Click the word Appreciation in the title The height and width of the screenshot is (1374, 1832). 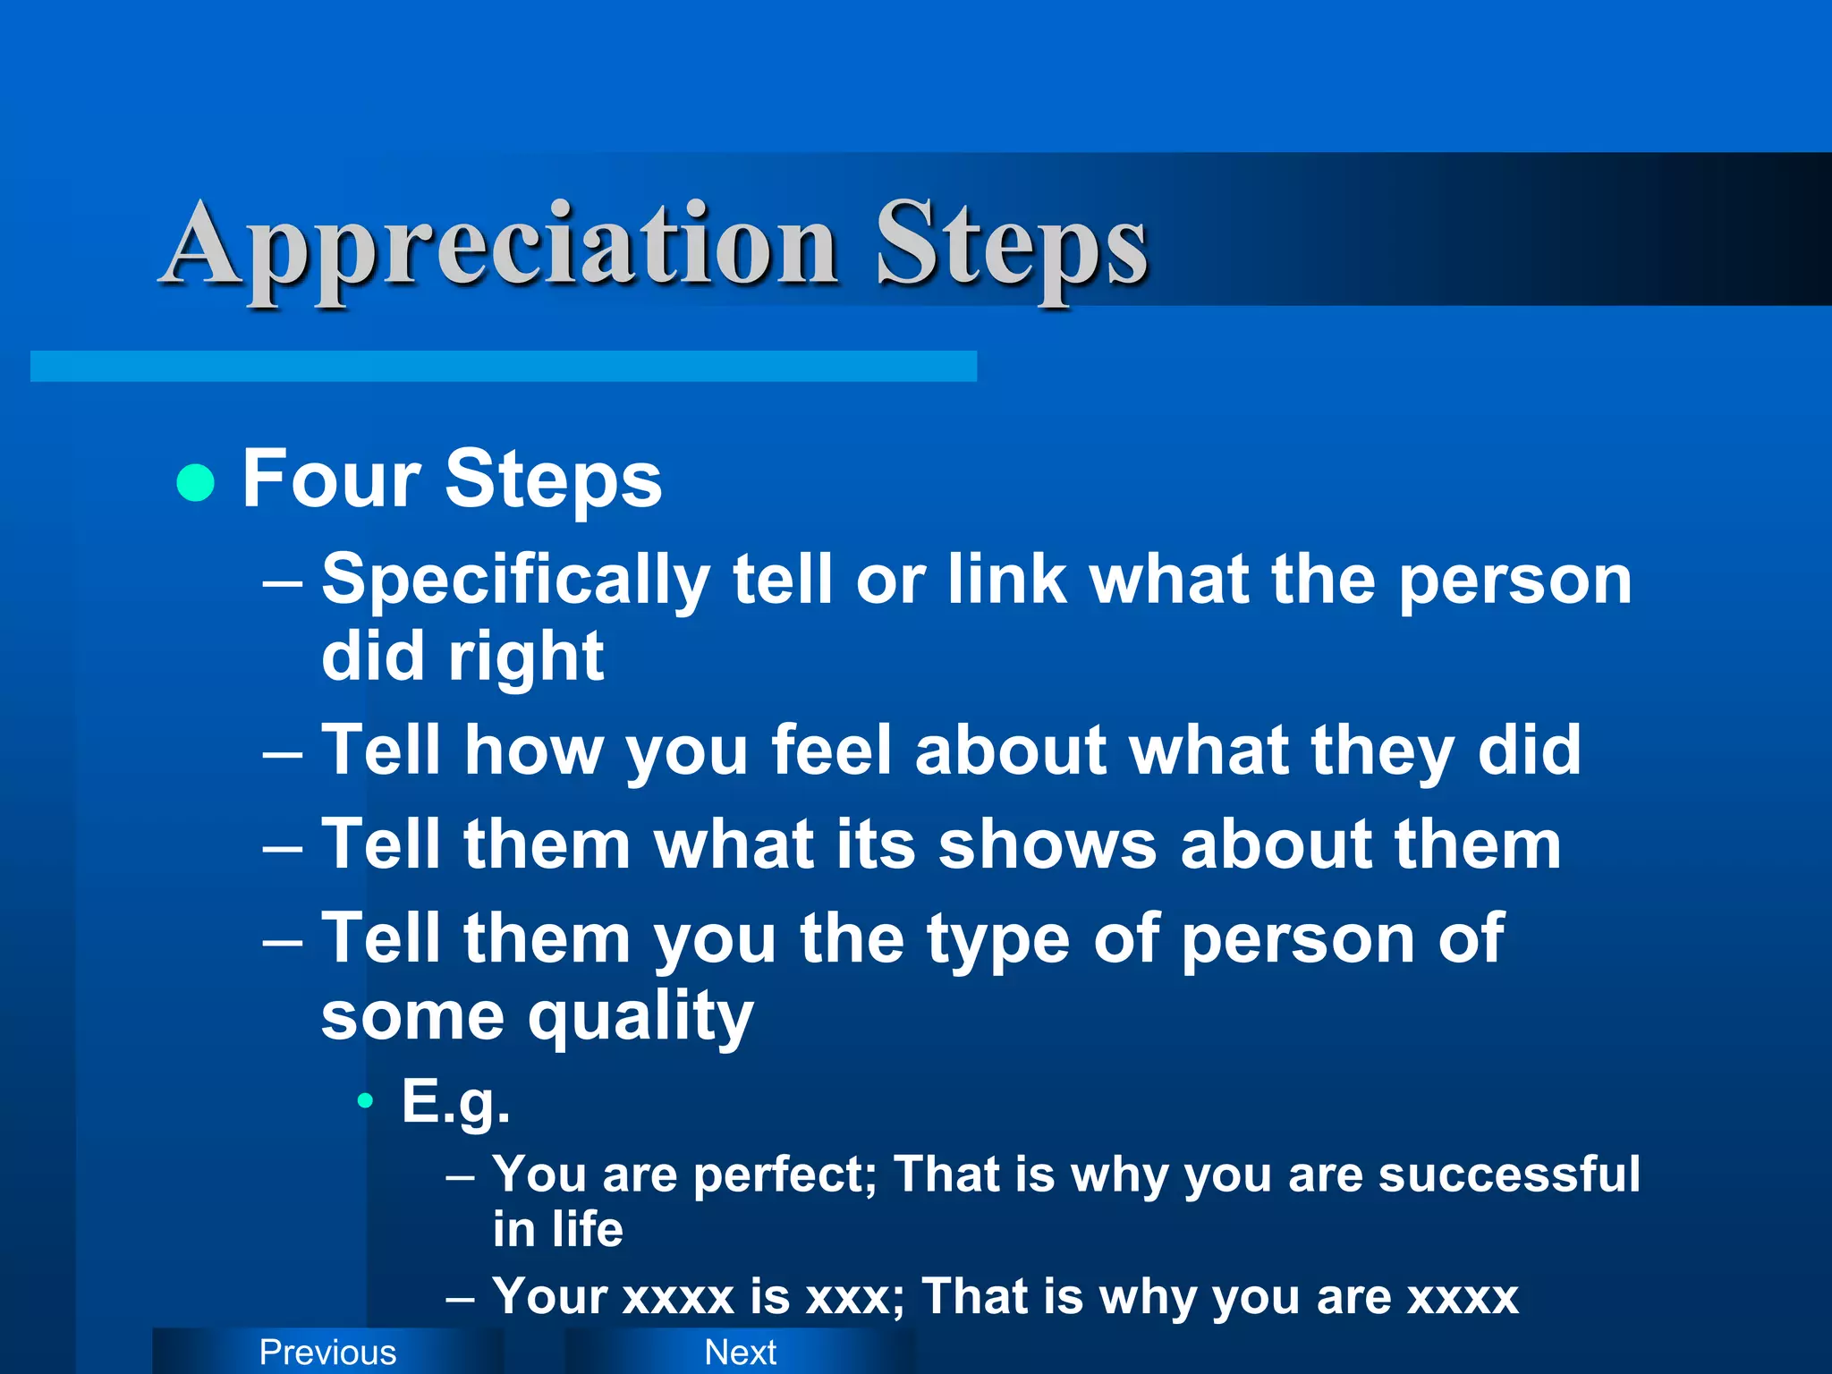(x=501, y=246)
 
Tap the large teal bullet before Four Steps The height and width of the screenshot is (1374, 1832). (x=196, y=483)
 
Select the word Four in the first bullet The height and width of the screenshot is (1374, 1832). (x=331, y=479)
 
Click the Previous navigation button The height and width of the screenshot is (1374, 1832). (x=327, y=1352)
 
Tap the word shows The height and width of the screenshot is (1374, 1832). (x=1047, y=844)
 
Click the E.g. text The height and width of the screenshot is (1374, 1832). (x=455, y=1102)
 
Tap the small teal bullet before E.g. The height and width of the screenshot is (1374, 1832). (x=364, y=1101)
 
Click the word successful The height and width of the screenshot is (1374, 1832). (x=1509, y=1175)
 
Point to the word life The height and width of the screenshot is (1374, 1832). (x=587, y=1230)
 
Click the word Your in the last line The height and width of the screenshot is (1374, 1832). (x=549, y=1296)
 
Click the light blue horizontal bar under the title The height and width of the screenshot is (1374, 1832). (x=503, y=366)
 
